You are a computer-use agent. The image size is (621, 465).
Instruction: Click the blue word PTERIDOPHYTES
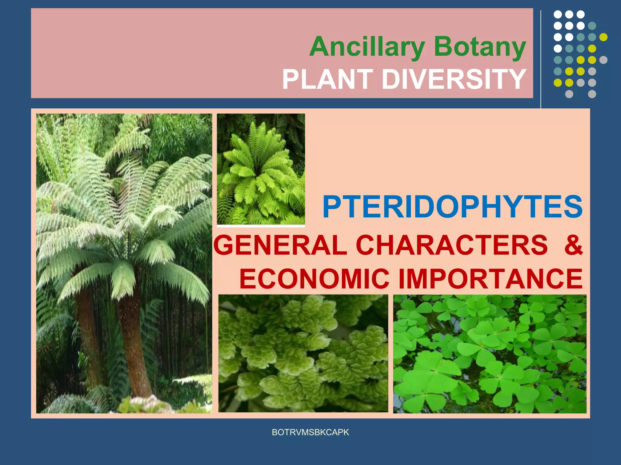(x=452, y=207)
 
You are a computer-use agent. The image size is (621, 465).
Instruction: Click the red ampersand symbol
(x=573, y=245)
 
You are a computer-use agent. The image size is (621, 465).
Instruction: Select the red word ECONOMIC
(x=314, y=279)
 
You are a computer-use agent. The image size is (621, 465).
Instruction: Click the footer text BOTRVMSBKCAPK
(x=310, y=432)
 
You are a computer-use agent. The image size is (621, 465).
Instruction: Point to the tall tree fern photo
(x=124, y=263)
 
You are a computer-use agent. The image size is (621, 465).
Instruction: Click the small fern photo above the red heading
(x=261, y=170)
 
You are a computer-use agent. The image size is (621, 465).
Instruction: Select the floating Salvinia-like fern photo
(x=303, y=353)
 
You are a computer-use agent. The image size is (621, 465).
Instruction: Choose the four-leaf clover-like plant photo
(x=490, y=354)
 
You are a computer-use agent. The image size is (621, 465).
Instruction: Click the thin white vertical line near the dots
(x=541, y=59)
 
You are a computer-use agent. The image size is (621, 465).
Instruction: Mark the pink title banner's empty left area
(x=152, y=53)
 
